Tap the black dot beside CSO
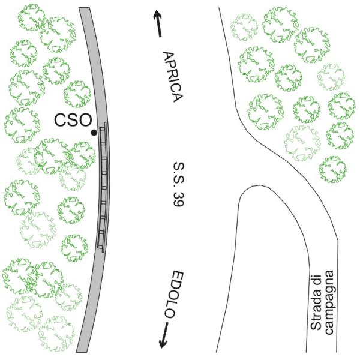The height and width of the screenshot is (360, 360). click(x=93, y=132)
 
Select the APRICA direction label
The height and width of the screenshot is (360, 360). click(x=172, y=76)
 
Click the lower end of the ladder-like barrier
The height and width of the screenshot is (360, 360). click(x=100, y=247)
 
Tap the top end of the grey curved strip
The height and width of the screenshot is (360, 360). click(x=83, y=8)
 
